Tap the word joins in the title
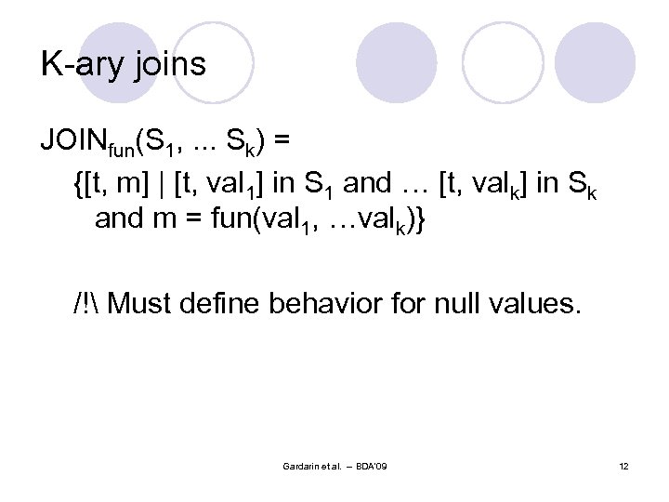tap(169, 64)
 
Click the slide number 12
tap(623, 465)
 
